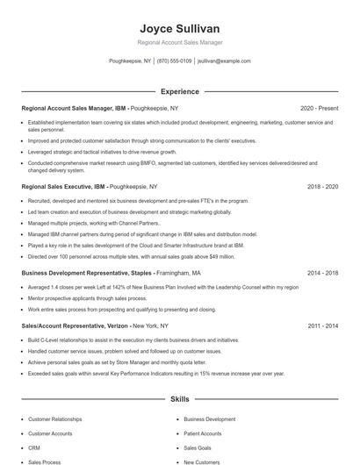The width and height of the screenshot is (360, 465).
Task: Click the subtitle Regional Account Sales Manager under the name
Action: pyautogui.click(x=179, y=42)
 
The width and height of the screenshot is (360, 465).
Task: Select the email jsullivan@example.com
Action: pyautogui.click(x=224, y=61)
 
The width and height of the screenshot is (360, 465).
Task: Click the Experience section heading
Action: pyautogui.click(x=179, y=91)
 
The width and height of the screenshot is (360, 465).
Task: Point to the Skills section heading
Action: pyautogui.click(x=179, y=399)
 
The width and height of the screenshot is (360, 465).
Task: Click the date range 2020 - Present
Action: pyautogui.click(x=319, y=108)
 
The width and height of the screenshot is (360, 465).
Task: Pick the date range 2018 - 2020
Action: pyautogui.click(x=322, y=187)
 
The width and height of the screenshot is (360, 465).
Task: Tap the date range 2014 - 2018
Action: pyautogui.click(x=322, y=273)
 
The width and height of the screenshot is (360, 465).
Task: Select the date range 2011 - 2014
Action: pyautogui.click(x=322, y=325)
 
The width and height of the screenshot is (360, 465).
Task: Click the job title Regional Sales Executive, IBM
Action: pyautogui.click(x=63, y=187)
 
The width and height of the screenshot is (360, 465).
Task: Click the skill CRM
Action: pyautogui.click(x=35, y=447)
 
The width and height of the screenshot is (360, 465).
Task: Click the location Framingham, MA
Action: pyautogui.click(x=178, y=273)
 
